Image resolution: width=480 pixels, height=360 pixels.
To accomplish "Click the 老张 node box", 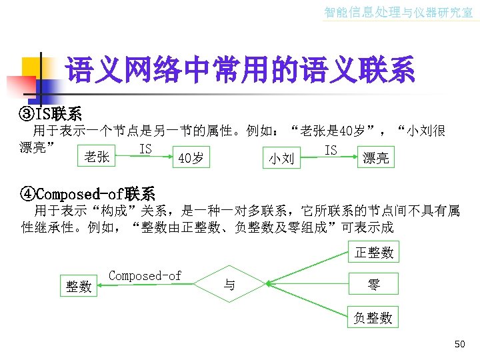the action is (x=97, y=157).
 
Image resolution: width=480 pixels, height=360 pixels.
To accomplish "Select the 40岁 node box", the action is (x=191, y=157).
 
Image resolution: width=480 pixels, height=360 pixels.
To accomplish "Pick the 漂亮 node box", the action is (x=375, y=158).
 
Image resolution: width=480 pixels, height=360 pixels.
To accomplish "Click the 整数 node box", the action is (x=79, y=285).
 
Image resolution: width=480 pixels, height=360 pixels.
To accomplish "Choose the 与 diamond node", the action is (x=229, y=285).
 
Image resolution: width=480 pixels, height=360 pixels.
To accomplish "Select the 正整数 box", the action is (x=374, y=252).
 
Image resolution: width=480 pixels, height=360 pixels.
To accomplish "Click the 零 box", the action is (x=374, y=285).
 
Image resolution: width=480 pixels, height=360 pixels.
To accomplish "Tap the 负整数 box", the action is (x=374, y=318).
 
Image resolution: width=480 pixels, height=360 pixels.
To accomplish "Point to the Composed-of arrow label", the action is (x=145, y=275).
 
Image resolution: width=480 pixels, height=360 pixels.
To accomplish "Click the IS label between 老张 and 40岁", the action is (x=145, y=149).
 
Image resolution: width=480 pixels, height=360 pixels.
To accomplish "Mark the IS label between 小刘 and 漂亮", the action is (x=331, y=150).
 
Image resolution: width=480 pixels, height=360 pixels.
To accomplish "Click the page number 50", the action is (x=459, y=344).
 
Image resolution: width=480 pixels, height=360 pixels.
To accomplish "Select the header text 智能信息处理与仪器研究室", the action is (x=398, y=12).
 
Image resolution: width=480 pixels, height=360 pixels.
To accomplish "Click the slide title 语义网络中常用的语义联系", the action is (x=240, y=69).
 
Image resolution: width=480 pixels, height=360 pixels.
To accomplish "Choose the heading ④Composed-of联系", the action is (x=89, y=194).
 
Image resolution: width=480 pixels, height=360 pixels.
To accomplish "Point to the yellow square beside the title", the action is (x=31, y=67).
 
